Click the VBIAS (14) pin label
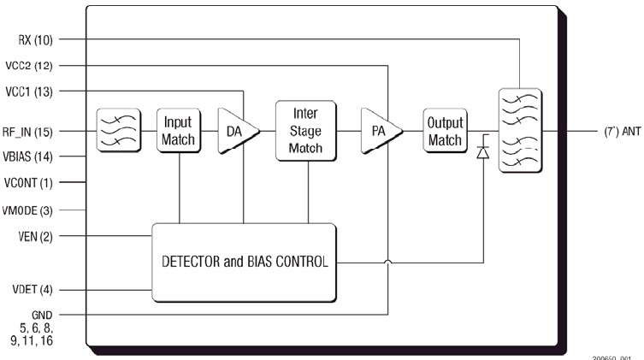click(x=33, y=157)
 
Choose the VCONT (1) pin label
click(x=33, y=183)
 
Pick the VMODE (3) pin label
click(x=33, y=210)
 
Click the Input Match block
click(x=178, y=131)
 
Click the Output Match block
click(x=443, y=131)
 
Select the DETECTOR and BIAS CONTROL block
click(x=244, y=262)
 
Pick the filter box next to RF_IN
click(x=118, y=131)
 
